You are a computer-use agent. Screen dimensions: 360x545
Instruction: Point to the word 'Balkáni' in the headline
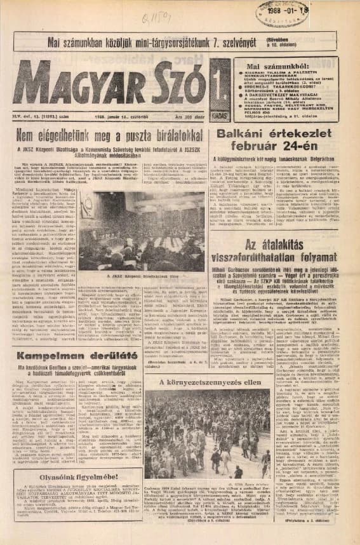(x=244, y=135)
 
